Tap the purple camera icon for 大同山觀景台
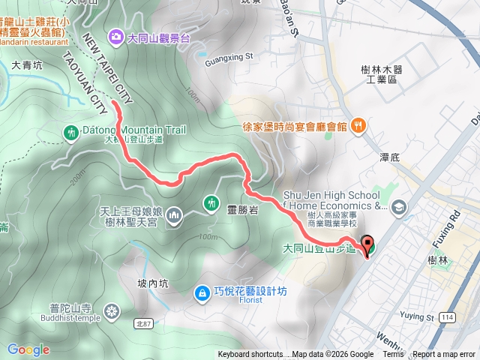click(x=116, y=35)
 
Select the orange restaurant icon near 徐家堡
click(x=358, y=124)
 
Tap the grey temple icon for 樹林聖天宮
click(x=175, y=216)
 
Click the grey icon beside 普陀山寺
click(x=112, y=311)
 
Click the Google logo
click(x=28, y=349)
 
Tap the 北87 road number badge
click(x=144, y=323)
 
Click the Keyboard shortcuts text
click(x=251, y=355)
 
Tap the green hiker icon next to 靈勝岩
click(x=211, y=202)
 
